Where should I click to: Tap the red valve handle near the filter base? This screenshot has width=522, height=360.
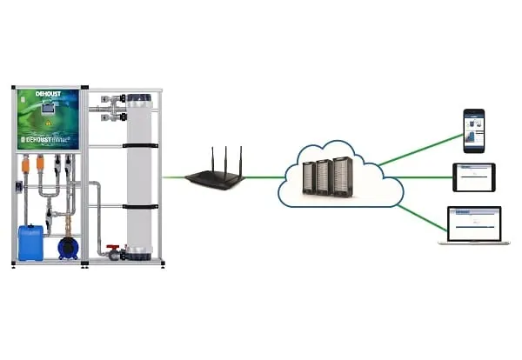tap(113, 250)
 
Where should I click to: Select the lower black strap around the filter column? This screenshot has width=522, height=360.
tap(140, 207)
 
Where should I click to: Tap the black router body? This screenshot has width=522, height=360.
tap(215, 180)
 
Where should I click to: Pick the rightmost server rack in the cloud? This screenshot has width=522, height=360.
tap(343, 177)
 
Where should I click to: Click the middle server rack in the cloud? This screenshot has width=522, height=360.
tap(325, 178)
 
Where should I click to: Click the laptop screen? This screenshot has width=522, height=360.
tap(474, 222)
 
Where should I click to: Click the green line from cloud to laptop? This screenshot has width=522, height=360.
tap(422, 217)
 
